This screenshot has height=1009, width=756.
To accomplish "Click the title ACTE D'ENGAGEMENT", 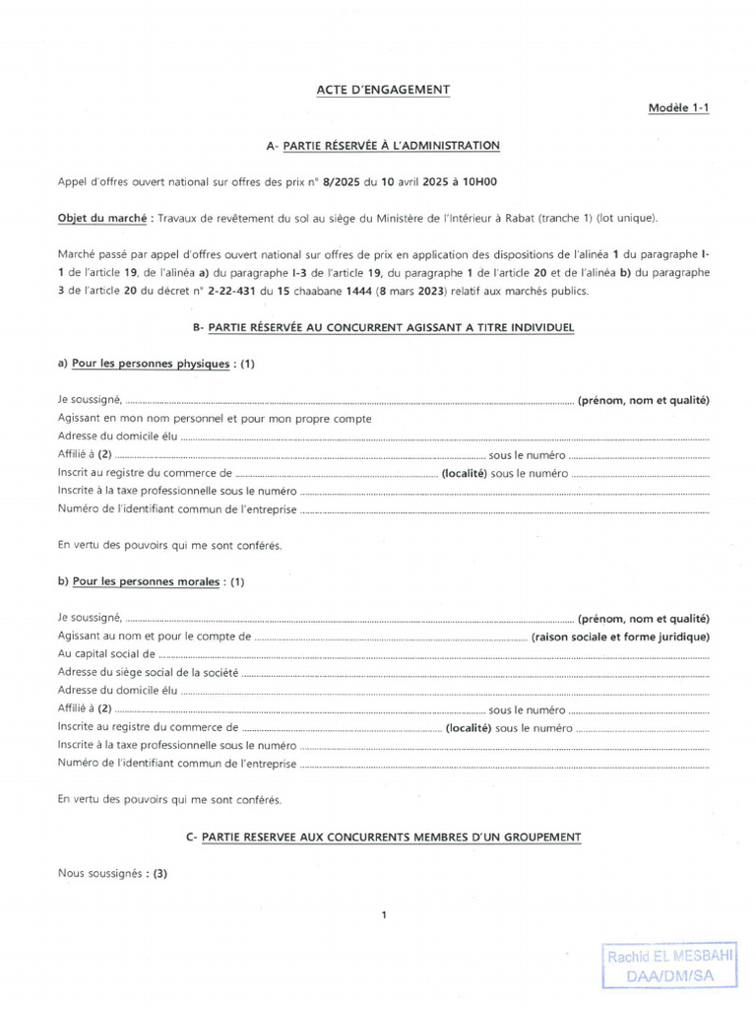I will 383,90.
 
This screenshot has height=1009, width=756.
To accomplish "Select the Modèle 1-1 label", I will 677,108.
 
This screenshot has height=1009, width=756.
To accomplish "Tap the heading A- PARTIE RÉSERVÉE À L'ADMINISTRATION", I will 383,146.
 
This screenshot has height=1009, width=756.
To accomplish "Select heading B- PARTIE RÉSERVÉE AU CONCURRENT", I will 383,326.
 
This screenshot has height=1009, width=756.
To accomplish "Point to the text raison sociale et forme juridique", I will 620,637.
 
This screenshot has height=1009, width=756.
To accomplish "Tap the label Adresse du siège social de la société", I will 148,672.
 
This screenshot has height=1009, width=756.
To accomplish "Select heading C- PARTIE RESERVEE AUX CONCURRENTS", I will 383,837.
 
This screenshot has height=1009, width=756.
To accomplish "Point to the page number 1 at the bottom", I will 384,915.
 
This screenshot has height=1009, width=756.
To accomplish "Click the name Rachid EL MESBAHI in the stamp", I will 669,957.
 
